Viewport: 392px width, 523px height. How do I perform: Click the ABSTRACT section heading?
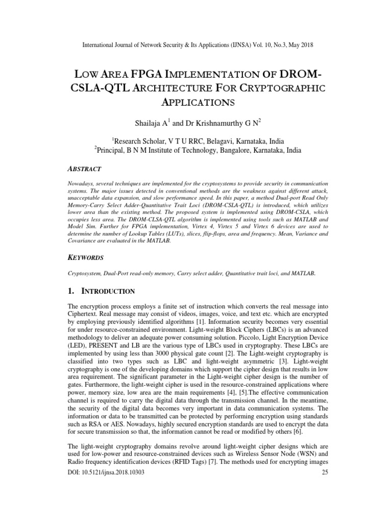click(85, 169)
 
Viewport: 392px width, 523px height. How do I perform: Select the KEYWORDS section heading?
click(86, 258)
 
